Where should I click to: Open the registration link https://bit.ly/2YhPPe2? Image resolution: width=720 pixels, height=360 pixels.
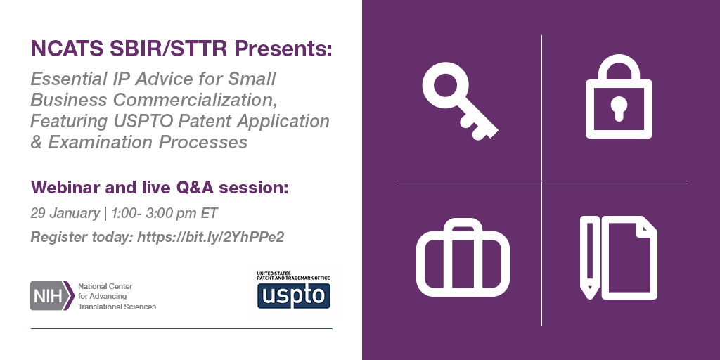[211, 237]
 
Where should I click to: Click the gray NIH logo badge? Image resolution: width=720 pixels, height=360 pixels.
[52, 296]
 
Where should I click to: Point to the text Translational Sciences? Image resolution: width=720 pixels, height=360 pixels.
[117, 307]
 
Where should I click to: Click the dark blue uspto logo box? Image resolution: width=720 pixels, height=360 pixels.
[293, 296]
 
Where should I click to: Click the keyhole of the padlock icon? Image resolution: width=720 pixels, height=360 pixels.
[619, 108]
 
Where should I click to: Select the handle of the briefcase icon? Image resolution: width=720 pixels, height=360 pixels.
[463, 227]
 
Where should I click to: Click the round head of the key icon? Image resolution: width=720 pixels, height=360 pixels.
[444, 85]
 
